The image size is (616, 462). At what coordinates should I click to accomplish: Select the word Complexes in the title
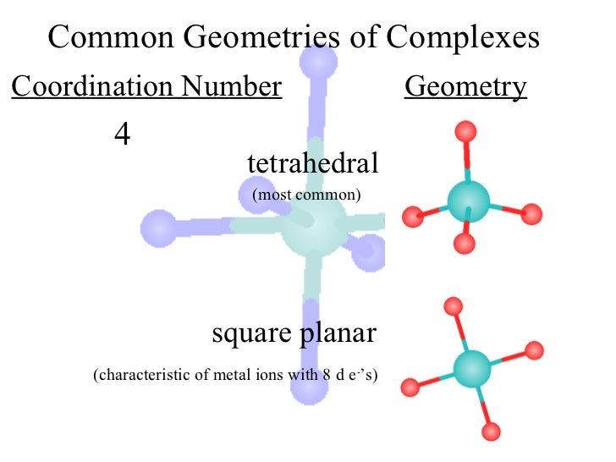coord(463,37)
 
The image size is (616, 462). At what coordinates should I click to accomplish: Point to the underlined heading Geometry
coord(465,86)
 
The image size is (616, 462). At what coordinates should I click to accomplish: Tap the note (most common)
coord(306,195)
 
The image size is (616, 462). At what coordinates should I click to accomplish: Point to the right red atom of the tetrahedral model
coord(531,214)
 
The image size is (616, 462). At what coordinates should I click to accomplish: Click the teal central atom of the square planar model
coord(472,368)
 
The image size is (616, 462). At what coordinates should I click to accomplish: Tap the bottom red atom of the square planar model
coord(492,432)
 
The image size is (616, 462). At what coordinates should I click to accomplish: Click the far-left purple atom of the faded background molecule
coord(157,227)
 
